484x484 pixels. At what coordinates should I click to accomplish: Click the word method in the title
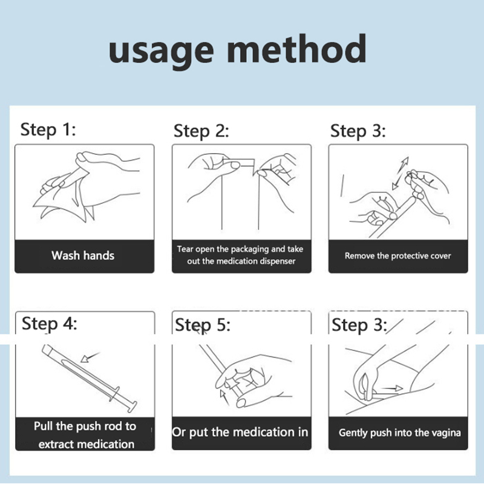pos(297,48)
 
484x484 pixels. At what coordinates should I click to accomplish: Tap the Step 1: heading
pos(48,129)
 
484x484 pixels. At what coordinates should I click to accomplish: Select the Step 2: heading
pos(201,131)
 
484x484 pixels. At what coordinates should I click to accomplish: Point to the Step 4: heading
pos(50,324)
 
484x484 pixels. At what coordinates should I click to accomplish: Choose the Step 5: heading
pos(203,325)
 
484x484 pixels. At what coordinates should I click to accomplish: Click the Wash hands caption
pos(83,255)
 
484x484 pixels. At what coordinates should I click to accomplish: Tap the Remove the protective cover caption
pos(398,256)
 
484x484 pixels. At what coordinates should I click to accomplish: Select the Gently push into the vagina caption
pos(400,433)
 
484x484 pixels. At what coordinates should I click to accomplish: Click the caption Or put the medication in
pos(240,432)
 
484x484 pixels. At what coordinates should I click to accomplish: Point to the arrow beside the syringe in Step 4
pos(90,357)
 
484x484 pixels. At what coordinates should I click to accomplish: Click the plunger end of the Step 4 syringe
pos(132,406)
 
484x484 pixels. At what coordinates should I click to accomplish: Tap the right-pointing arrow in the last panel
pos(392,388)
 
